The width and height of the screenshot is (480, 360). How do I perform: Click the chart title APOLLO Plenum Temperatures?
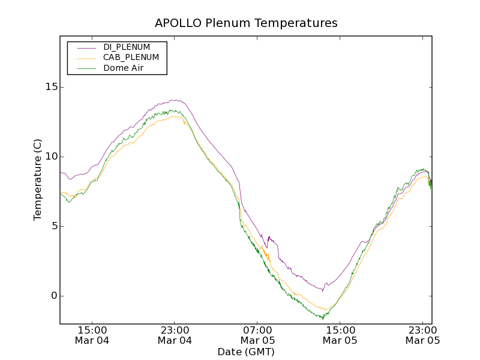[246, 23]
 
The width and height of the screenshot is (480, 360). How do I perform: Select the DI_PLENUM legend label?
[127, 47]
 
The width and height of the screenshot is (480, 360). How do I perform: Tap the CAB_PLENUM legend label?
[131, 58]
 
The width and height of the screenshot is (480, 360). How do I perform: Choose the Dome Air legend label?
[123, 68]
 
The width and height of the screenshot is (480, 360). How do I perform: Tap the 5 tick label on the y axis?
[53, 226]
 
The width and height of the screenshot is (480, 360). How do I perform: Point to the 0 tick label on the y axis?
[53, 296]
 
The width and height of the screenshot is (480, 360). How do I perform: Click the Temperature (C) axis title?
[38, 179]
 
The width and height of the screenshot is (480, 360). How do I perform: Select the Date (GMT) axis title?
[246, 352]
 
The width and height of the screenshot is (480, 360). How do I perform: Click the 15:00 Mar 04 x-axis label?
[92, 335]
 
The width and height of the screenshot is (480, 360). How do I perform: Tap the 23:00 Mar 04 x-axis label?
[175, 335]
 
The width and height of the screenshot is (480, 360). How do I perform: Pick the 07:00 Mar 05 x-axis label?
[257, 335]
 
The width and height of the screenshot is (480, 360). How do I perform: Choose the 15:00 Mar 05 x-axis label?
[340, 335]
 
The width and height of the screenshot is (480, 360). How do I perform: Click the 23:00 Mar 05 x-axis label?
[423, 335]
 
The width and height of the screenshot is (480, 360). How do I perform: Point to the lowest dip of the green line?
[323, 318]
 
